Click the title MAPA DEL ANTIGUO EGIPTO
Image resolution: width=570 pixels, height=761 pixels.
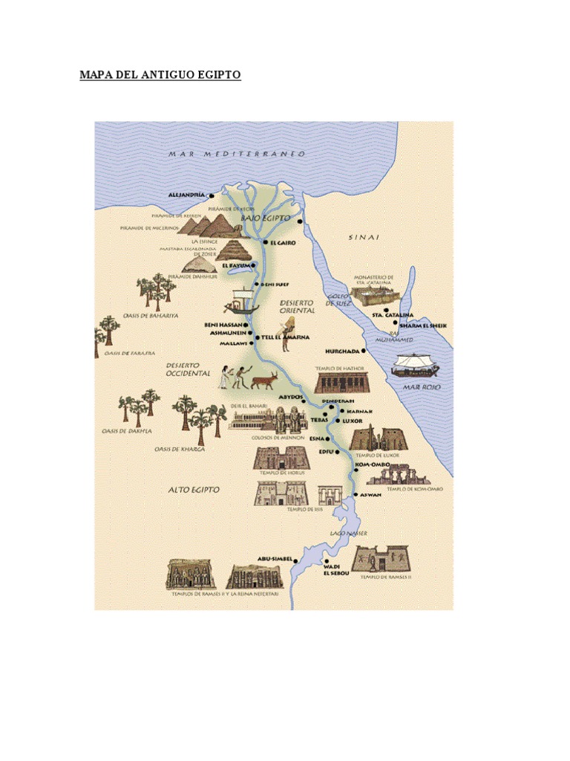[160, 76]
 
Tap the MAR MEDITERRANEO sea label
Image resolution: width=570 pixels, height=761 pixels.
[237, 154]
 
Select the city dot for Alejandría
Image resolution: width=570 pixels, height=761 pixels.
[212, 196]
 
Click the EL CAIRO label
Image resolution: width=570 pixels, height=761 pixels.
[284, 242]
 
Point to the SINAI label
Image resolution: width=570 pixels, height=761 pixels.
[364, 237]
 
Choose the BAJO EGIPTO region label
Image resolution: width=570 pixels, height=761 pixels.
[265, 218]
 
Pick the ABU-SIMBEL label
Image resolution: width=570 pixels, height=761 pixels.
[274, 558]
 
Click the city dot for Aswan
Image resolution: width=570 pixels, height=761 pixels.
[356, 495]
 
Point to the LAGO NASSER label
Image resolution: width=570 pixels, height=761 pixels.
[349, 534]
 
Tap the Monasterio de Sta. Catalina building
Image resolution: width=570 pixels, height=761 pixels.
[374, 297]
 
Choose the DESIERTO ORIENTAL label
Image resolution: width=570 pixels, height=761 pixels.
[297, 306]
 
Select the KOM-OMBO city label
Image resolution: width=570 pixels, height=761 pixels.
[373, 465]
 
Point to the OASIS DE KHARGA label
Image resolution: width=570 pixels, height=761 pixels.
[180, 449]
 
